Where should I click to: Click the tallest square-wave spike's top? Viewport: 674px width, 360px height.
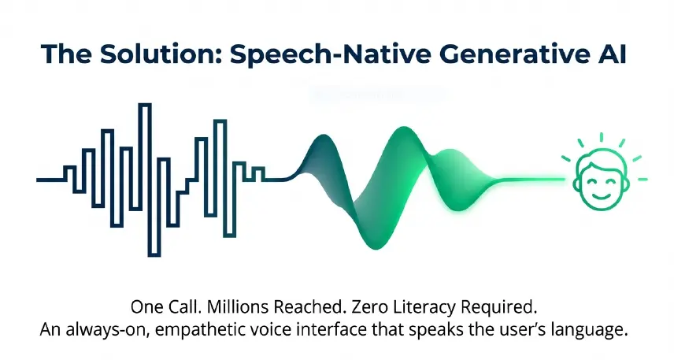[144, 104]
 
